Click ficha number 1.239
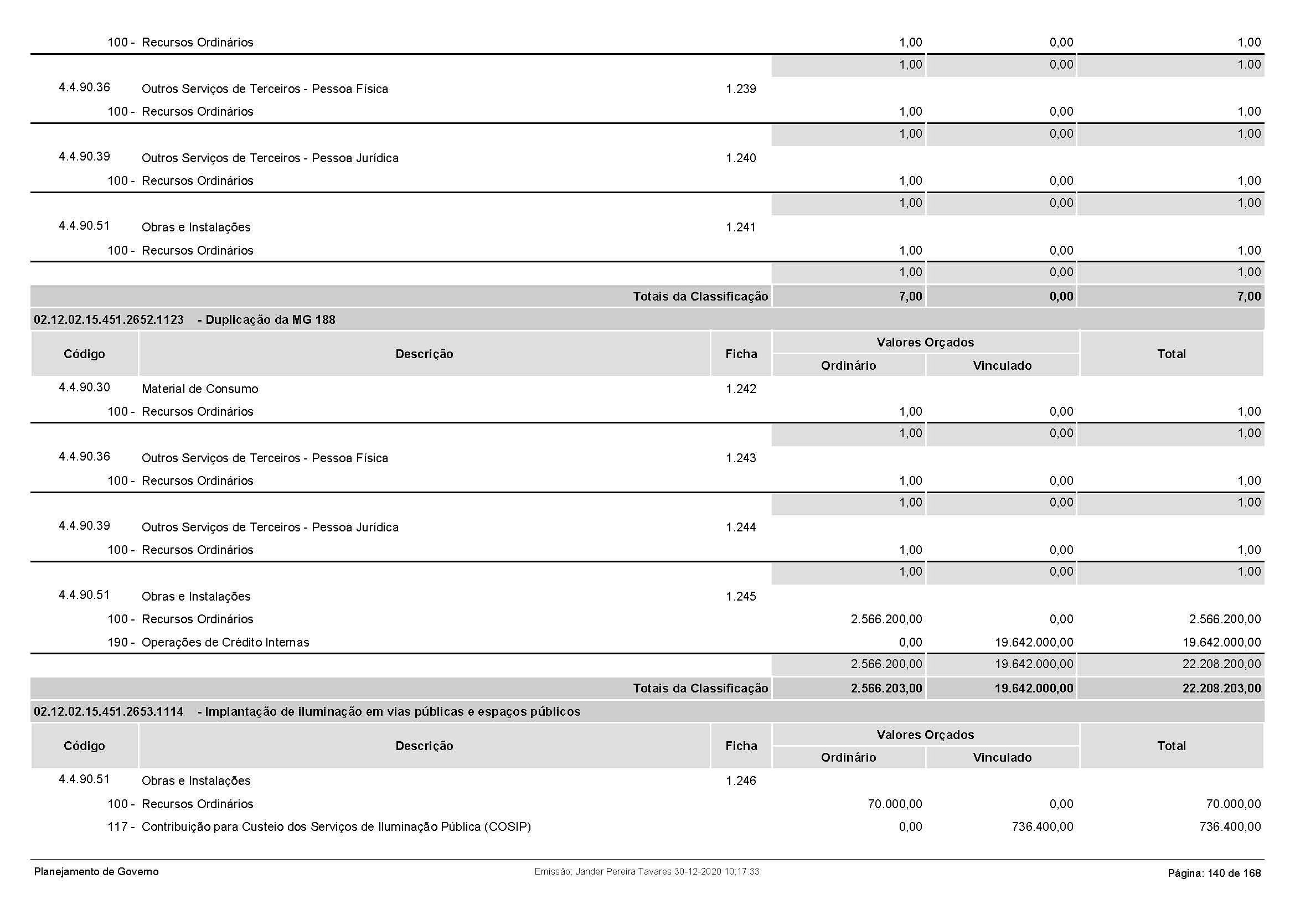click(741, 89)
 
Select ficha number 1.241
click(741, 228)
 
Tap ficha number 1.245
click(741, 597)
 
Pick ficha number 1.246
click(741, 781)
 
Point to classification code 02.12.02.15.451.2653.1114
click(109, 711)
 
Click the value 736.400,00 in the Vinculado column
click(1043, 826)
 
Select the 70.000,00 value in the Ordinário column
click(895, 804)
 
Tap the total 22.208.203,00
click(1221, 689)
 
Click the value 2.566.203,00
click(886, 689)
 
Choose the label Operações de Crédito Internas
click(225, 642)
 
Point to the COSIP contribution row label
click(336, 826)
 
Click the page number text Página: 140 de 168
click(1214, 873)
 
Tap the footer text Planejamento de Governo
click(96, 872)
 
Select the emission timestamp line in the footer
click(646, 872)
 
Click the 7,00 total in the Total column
click(1248, 297)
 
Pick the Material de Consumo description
click(200, 389)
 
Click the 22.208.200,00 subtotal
click(1221, 664)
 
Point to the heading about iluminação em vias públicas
click(393, 711)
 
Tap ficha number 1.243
click(741, 458)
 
